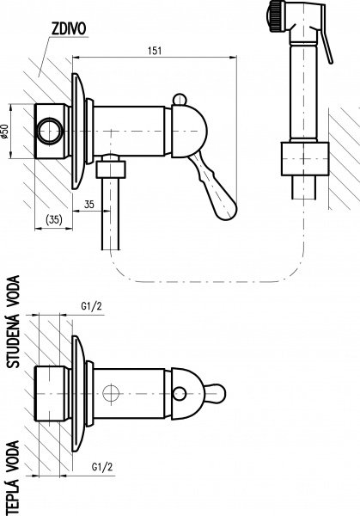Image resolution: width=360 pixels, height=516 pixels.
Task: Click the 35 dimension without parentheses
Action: [89, 206]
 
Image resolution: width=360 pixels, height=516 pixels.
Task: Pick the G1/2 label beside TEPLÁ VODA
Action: [101, 468]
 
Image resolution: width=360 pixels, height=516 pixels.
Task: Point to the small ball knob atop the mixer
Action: [182, 101]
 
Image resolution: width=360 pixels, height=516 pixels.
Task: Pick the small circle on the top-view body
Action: [110, 395]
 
